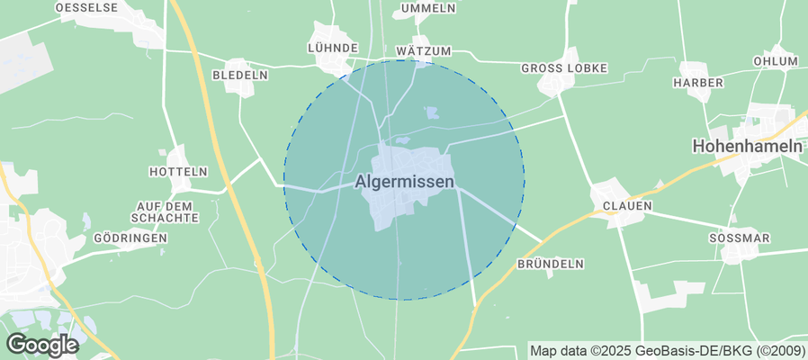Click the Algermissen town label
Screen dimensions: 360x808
pyautogui.click(x=403, y=181)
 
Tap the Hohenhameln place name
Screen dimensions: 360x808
pyautogui.click(x=746, y=145)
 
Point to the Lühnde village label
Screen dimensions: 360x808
pyautogui.click(x=333, y=48)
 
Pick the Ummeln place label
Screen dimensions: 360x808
pyautogui.click(x=428, y=8)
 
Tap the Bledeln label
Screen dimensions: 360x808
pyautogui.click(x=239, y=76)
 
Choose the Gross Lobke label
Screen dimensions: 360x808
pyautogui.click(x=565, y=68)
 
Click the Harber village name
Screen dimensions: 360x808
pyautogui.click(x=698, y=83)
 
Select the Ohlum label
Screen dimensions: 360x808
pyautogui.click(x=776, y=61)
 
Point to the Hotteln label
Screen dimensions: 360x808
pyautogui.click(x=178, y=171)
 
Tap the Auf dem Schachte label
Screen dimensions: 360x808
pyautogui.click(x=164, y=211)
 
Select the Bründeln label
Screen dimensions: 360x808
pyautogui.click(x=551, y=264)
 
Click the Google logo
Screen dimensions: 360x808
pyautogui.click(x=41, y=344)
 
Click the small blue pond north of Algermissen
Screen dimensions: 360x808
pyautogui.click(x=432, y=113)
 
